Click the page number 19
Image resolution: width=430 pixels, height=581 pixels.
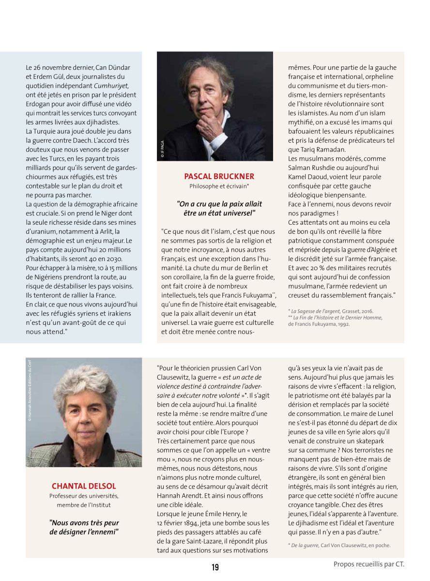[215, 567]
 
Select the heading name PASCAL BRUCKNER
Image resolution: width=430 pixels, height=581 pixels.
[219, 176]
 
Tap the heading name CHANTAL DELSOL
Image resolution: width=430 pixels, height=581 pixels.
[84, 486]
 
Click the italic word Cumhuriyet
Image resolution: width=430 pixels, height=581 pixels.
[114, 85]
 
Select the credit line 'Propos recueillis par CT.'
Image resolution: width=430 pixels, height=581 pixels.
[369, 564]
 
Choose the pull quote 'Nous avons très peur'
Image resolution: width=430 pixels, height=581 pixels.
[84, 523]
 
